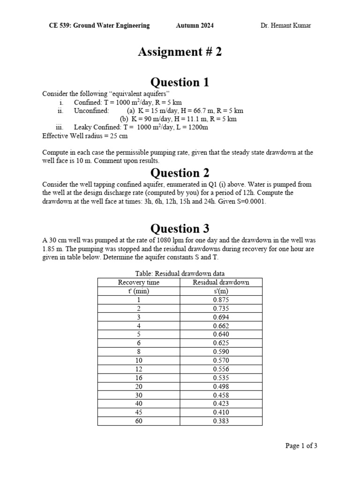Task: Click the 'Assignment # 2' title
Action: [x=180, y=52]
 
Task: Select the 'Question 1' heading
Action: [x=180, y=82]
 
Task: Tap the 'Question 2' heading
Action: [x=180, y=173]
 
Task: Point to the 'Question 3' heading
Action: [x=180, y=229]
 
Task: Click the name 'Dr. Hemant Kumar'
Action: [x=285, y=25]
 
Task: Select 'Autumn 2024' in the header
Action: [x=195, y=25]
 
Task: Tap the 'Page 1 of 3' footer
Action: [x=301, y=446]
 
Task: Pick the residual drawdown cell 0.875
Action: [x=221, y=300]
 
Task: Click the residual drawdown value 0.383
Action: [x=221, y=421]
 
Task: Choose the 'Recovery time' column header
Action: [x=139, y=282]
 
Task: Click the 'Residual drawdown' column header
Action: [x=221, y=282]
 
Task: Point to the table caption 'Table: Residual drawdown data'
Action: [x=180, y=273]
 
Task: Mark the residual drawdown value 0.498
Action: [x=221, y=386]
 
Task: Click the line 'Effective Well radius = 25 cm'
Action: [x=84, y=136]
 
